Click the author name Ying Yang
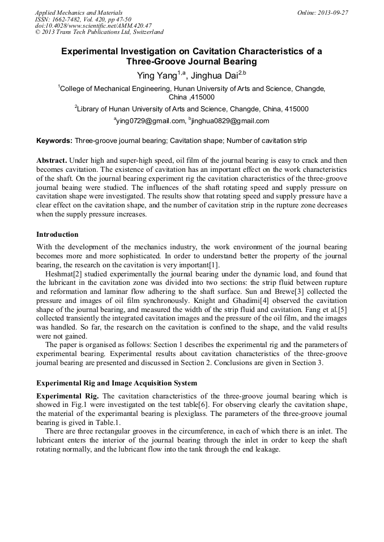pyautogui.click(x=157, y=75)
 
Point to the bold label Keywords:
pyautogui.click(x=54, y=140)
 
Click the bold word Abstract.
pyautogui.click(x=52, y=160)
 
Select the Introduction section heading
pyautogui.click(x=57, y=234)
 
